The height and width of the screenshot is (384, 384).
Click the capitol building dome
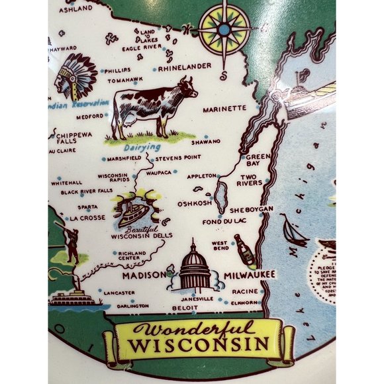coord(195,256)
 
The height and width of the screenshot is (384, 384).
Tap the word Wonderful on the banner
coord(193,330)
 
